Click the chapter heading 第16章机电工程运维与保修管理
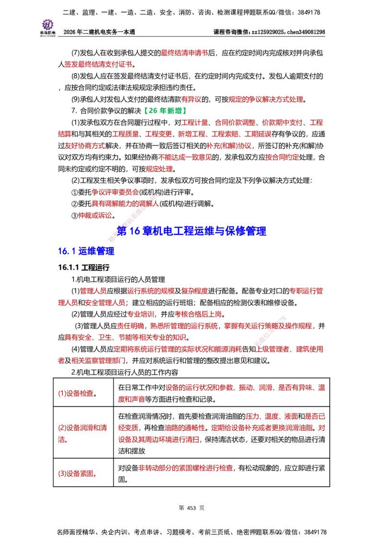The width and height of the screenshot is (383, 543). point(191,231)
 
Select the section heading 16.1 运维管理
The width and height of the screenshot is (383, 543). point(86,251)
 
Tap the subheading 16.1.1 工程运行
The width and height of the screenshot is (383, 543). point(84,267)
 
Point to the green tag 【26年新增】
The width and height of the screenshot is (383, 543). point(165,111)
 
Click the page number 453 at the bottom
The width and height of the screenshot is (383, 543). point(191,508)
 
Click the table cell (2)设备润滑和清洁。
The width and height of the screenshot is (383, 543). point(83,434)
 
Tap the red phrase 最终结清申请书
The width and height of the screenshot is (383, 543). point(185,53)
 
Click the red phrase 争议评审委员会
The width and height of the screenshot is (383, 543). point(115,192)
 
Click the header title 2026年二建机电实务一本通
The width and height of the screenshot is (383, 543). point(99,32)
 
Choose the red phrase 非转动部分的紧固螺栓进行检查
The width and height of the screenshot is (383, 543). point(186,468)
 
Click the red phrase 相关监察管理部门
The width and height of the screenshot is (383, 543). point(99,361)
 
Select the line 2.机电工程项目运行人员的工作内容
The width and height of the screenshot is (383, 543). point(125,372)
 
